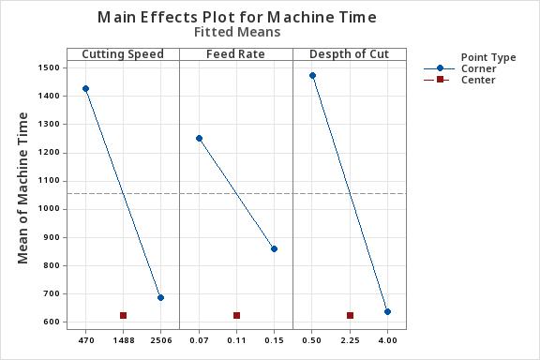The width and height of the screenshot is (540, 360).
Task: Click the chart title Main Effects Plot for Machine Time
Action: pyautogui.click(x=236, y=17)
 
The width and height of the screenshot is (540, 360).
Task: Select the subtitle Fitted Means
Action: pyautogui.click(x=236, y=32)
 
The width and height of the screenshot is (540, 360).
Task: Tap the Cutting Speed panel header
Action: pyautogui.click(x=123, y=54)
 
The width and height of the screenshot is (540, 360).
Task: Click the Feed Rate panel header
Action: pyautogui.click(x=236, y=54)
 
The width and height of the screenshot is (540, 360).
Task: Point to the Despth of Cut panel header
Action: pyautogui.click(x=349, y=54)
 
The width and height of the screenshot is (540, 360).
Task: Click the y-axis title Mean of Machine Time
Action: pyautogui.click(x=23, y=187)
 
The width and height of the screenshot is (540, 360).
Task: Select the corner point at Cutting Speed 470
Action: pyautogui.click(x=85, y=89)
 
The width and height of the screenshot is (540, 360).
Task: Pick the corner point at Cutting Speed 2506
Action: pyautogui.click(x=160, y=297)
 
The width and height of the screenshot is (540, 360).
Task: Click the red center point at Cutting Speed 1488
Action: pyautogui.click(x=123, y=315)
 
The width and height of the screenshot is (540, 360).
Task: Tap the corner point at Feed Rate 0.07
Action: pyautogui.click(x=199, y=138)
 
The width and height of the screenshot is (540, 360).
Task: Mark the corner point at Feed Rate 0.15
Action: pyautogui.click(x=274, y=248)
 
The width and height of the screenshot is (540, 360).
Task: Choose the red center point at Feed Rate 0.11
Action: pyautogui.click(x=236, y=315)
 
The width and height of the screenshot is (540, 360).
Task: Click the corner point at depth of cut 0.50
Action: pyautogui.click(x=312, y=76)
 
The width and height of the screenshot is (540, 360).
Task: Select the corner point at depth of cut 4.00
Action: pyautogui.click(x=387, y=311)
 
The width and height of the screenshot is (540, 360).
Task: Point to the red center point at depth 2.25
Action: pyautogui.click(x=350, y=315)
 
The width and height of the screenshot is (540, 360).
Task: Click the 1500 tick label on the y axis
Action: pyautogui.click(x=50, y=67)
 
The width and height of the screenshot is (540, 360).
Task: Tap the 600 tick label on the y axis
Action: pyautogui.click(x=52, y=322)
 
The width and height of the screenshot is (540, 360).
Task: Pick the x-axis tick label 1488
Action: pyautogui.click(x=123, y=339)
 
